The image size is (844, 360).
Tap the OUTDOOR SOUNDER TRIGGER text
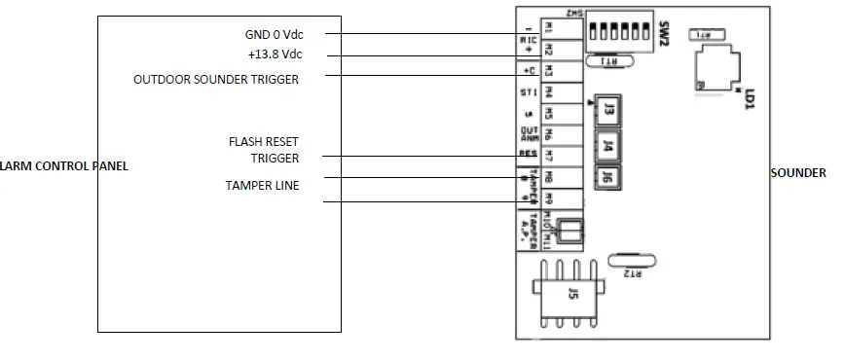pyautogui.click(x=216, y=80)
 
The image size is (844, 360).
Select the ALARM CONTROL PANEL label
pyautogui.click(x=64, y=166)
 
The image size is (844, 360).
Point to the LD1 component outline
pyautogui.click(x=717, y=71)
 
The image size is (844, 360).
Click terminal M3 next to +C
pyautogui.click(x=549, y=71)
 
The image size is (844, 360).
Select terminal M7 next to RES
pyautogui.click(x=549, y=155)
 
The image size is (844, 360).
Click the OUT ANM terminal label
pyautogui.click(x=529, y=134)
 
